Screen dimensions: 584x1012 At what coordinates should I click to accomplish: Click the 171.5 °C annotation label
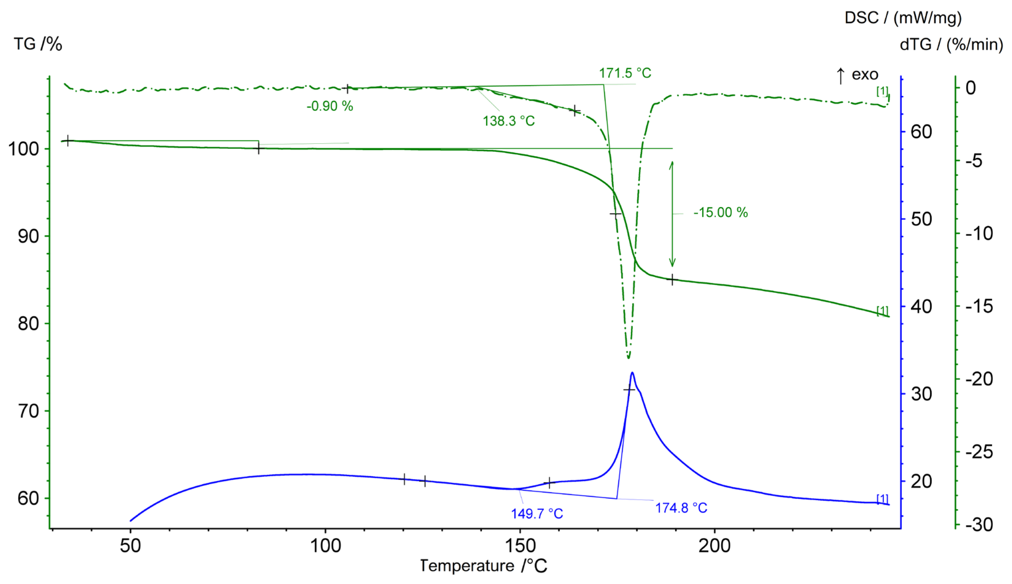tap(625, 73)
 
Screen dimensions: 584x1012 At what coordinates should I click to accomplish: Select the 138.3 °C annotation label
tap(508, 121)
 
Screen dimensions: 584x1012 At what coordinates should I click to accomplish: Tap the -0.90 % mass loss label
tap(329, 106)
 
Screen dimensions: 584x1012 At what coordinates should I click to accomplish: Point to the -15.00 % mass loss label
tap(720, 213)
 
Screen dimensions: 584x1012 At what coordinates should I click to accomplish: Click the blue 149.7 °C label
tap(537, 514)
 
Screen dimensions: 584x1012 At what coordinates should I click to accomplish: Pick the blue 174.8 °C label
tap(681, 508)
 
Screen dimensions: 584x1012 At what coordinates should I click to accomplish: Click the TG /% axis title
tap(38, 44)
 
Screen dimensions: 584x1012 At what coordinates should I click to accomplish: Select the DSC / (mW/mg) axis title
tap(903, 18)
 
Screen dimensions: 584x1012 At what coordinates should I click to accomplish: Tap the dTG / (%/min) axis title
tap(951, 44)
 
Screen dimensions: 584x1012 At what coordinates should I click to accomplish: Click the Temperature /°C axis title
tap(483, 566)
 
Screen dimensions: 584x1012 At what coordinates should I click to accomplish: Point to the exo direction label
tap(865, 75)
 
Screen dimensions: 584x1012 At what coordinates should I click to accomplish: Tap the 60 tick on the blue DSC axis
tap(921, 132)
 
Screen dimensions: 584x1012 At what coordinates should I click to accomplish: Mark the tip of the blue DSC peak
tap(632, 373)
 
